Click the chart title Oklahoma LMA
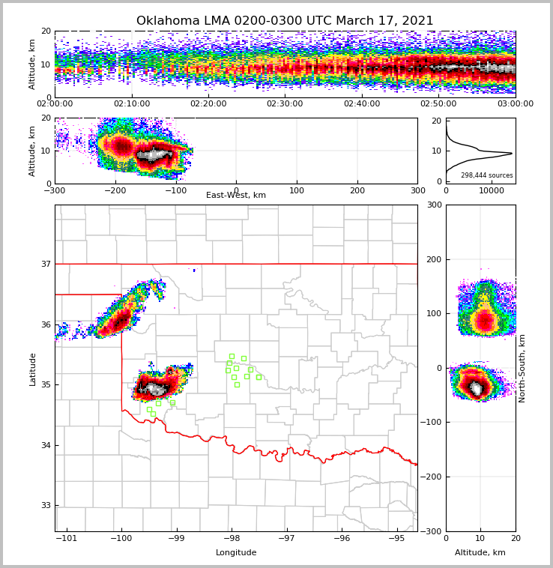pyautogui.click(x=285, y=21)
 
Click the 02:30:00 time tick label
pyautogui.click(x=285, y=104)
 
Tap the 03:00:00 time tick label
pyautogui.click(x=515, y=104)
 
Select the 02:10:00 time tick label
pyautogui.click(x=132, y=104)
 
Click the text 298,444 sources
pyautogui.click(x=486, y=175)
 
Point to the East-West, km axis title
pyautogui.click(x=236, y=196)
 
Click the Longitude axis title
pyautogui.click(x=236, y=553)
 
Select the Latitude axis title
pyautogui.click(x=33, y=369)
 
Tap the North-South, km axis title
pyautogui.click(x=522, y=369)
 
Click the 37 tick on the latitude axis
pyautogui.click(x=45, y=265)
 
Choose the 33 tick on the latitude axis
pyautogui.click(x=45, y=506)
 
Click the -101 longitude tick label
pyautogui.click(x=67, y=538)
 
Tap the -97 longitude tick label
pyautogui.click(x=287, y=538)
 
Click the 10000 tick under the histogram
pyautogui.click(x=492, y=191)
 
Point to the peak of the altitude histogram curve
pyautogui.click(x=512, y=154)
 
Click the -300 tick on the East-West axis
pyautogui.click(x=55, y=190)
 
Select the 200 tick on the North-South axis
pyautogui.click(x=432, y=259)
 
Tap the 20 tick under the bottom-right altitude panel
pyautogui.click(x=516, y=538)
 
